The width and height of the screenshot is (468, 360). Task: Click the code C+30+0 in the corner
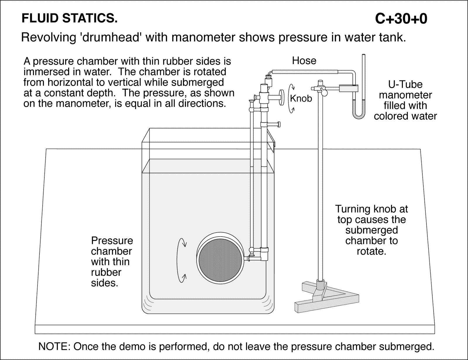point(401,19)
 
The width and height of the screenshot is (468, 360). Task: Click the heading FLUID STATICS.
point(70,18)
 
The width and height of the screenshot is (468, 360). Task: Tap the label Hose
point(304,61)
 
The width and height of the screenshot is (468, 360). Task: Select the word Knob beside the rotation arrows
point(301,99)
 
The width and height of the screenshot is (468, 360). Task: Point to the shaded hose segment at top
point(304,71)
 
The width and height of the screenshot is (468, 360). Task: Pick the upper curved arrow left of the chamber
point(183,243)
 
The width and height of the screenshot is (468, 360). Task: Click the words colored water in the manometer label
point(405,116)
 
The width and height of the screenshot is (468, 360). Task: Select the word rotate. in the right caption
point(371,251)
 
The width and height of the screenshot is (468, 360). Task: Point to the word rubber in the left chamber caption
point(106,272)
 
